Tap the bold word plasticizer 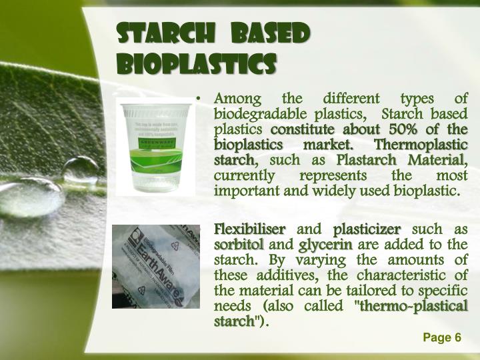(367, 229)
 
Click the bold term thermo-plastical (414, 307)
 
